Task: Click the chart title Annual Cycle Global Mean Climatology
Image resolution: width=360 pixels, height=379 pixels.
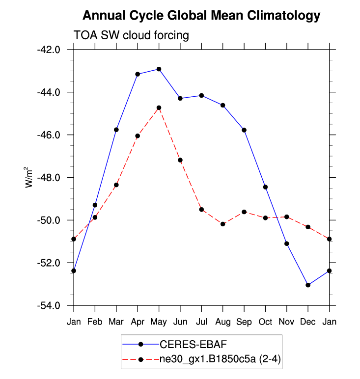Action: pos(201,16)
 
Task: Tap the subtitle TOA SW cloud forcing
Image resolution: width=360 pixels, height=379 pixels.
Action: pos(131,36)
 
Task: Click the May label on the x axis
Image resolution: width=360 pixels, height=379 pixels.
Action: pos(159,322)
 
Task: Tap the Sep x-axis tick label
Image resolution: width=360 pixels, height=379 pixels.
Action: pos(244,322)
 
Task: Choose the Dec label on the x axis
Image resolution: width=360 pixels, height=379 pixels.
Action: pos(308,322)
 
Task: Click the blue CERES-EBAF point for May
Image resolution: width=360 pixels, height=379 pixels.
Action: pos(159,69)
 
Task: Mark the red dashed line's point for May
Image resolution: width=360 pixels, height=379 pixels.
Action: pos(159,108)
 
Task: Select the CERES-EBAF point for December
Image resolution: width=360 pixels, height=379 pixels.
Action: pos(308,285)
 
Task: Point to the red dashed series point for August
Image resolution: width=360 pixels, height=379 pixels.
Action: pos(223,224)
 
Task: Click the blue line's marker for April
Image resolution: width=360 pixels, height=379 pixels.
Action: pos(138,74)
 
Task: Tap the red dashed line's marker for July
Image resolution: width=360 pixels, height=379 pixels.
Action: pos(201,210)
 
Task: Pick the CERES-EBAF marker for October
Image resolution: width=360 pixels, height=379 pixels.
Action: pos(265,187)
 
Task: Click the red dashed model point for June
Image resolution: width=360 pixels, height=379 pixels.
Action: pos(180,160)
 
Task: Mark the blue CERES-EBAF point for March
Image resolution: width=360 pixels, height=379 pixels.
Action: pos(116,130)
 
